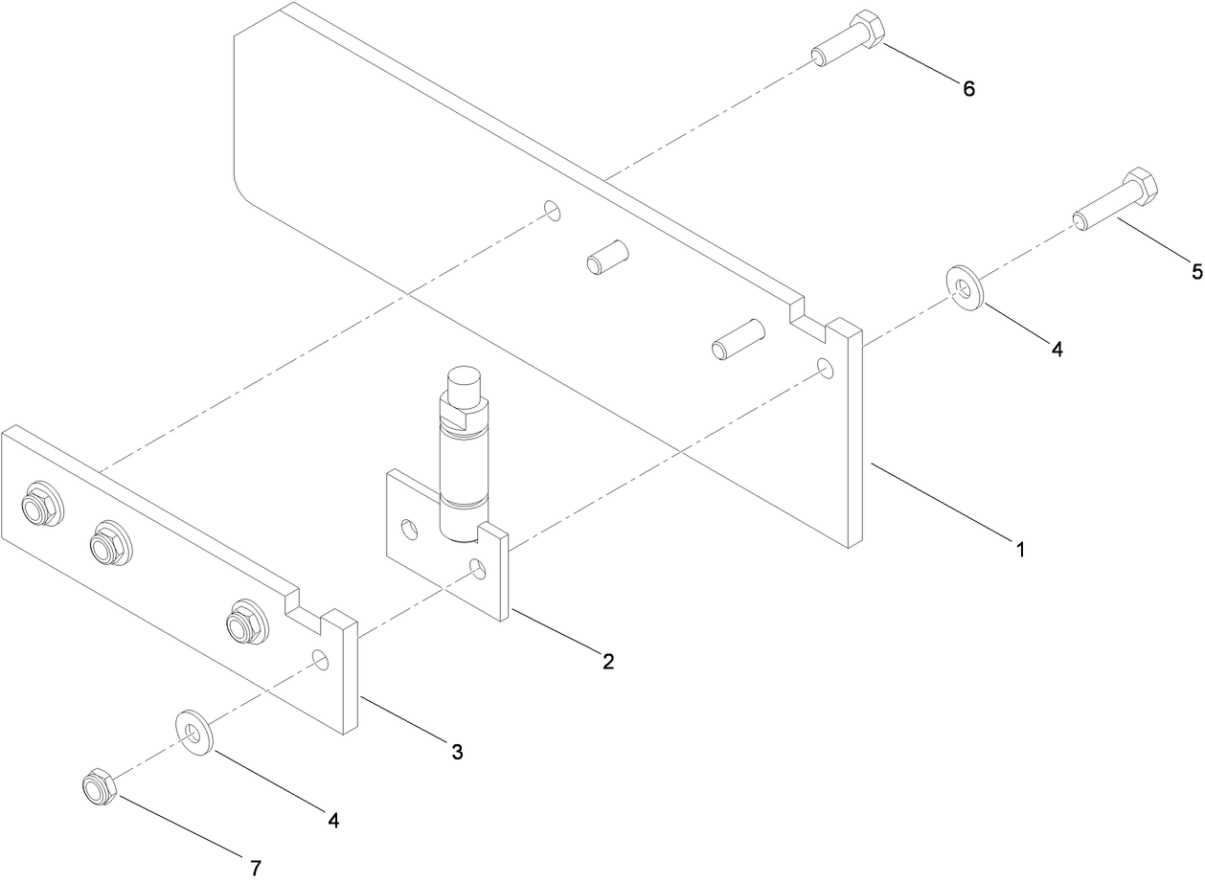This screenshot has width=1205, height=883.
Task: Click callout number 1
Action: (1020, 550)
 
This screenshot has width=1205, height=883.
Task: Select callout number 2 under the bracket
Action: (607, 661)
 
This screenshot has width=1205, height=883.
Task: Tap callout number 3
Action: (457, 753)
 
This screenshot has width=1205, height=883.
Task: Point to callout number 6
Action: (968, 89)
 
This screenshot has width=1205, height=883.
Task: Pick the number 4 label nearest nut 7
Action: (332, 820)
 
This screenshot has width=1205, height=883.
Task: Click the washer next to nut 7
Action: (194, 732)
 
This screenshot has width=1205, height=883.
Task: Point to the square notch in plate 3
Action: (307, 612)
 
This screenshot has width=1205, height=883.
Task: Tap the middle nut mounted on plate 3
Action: (108, 544)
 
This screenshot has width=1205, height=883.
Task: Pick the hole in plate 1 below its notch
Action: (825, 368)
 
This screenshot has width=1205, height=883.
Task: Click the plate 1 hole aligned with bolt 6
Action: (551, 210)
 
